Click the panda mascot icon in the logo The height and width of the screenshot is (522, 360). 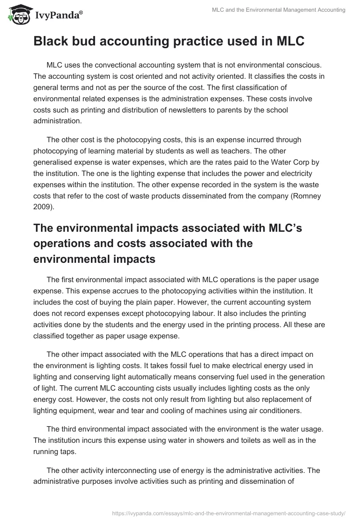(x=18, y=15)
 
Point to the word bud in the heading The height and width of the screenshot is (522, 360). (x=84, y=41)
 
